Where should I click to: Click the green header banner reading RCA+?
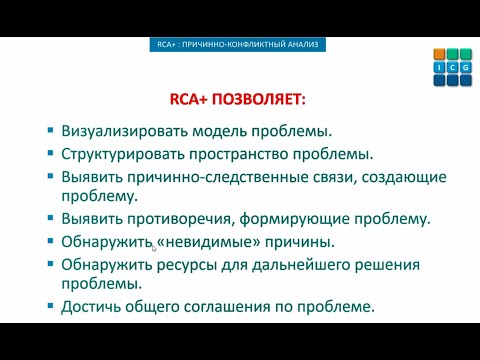pyautogui.click(x=240, y=45)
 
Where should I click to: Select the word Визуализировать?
pyautogui.click(x=128, y=131)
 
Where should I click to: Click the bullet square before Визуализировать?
pyautogui.click(x=51, y=131)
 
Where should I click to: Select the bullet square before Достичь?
pyautogui.click(x=51, y=306)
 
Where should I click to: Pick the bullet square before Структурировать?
pyautogui.click(x=51, y=153)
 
